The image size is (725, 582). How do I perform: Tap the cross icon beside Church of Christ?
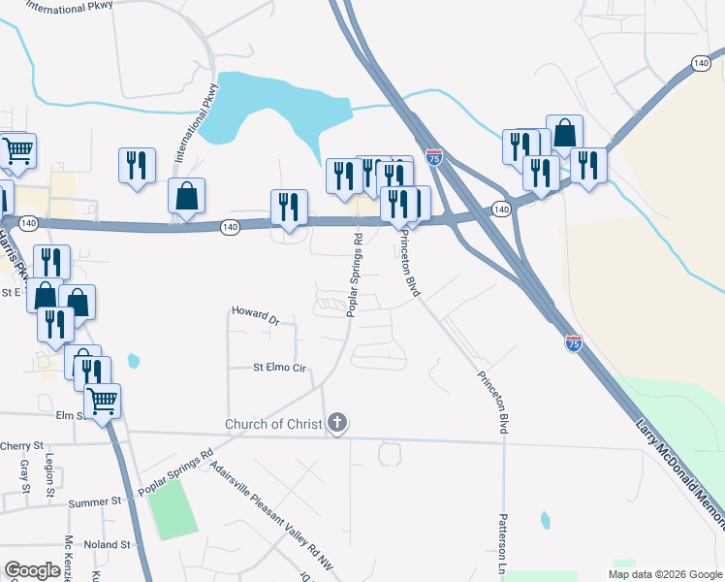(x=337, y=423)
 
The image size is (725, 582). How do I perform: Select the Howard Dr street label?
(x=255, y=314)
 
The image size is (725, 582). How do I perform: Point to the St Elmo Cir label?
(x=279, y=369)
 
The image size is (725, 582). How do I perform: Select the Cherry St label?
(x=23, y=445)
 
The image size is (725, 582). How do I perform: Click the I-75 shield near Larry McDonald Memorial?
(x=573, y=343)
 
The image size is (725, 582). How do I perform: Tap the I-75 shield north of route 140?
(x=434, y=157)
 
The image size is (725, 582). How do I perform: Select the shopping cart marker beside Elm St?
(x=102, y=399)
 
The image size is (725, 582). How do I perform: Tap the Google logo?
(x=32, y=570)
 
